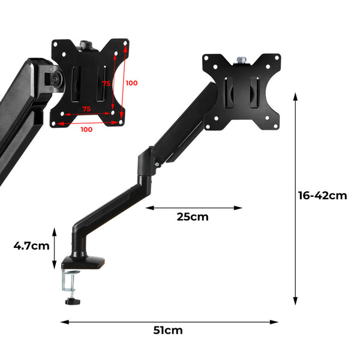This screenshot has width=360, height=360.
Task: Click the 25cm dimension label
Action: click(193, 217)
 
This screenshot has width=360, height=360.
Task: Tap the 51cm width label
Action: click(168, 331)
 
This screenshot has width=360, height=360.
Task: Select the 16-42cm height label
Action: click(323, 196)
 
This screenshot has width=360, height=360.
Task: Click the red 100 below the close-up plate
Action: click(86, 129)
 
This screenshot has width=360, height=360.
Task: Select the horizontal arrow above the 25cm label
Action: click(194, 208)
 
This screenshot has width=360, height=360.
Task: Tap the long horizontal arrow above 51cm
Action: click(169, 322)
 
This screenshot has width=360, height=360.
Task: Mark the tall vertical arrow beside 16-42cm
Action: click(295, 199)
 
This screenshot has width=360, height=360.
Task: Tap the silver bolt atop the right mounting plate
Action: click(242, 59)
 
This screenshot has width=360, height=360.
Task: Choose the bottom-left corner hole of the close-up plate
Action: click(57, 122)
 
